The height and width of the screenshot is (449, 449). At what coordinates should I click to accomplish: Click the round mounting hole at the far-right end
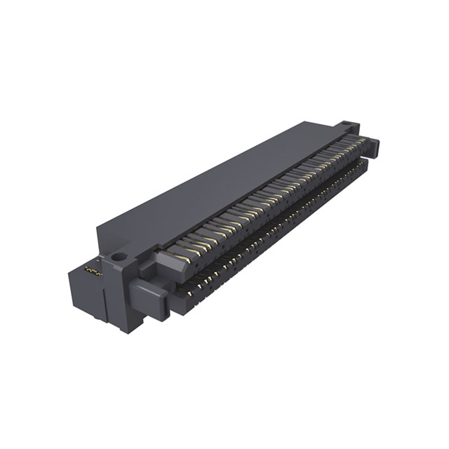[x=348, y=126]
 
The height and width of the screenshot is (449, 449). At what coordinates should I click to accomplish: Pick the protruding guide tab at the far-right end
[x=372, y=147]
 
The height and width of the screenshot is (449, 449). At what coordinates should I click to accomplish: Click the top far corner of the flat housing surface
[x=309, y=123]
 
